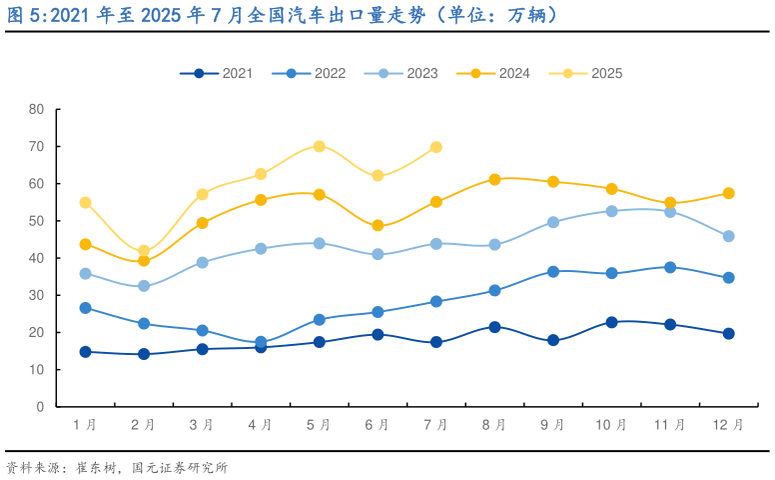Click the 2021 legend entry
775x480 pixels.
pos(216,73)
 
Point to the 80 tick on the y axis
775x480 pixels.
pos(37,109)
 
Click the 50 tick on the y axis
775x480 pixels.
pos(37,221)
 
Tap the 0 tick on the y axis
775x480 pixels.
pos(41,407)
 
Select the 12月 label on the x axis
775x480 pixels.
pos(728,425)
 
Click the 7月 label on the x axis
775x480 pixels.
pos(435,425)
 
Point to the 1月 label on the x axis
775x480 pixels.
pos(85,425)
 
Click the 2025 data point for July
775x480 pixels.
pos(436,147)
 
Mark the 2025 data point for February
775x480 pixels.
pos(144,251)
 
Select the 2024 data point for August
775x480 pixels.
pos(494,180)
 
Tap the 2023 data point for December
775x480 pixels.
pos(728,236)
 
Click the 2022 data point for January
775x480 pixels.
pos(85,308)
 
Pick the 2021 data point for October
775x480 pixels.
pos(611,322)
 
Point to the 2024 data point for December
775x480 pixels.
pos(728,193)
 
